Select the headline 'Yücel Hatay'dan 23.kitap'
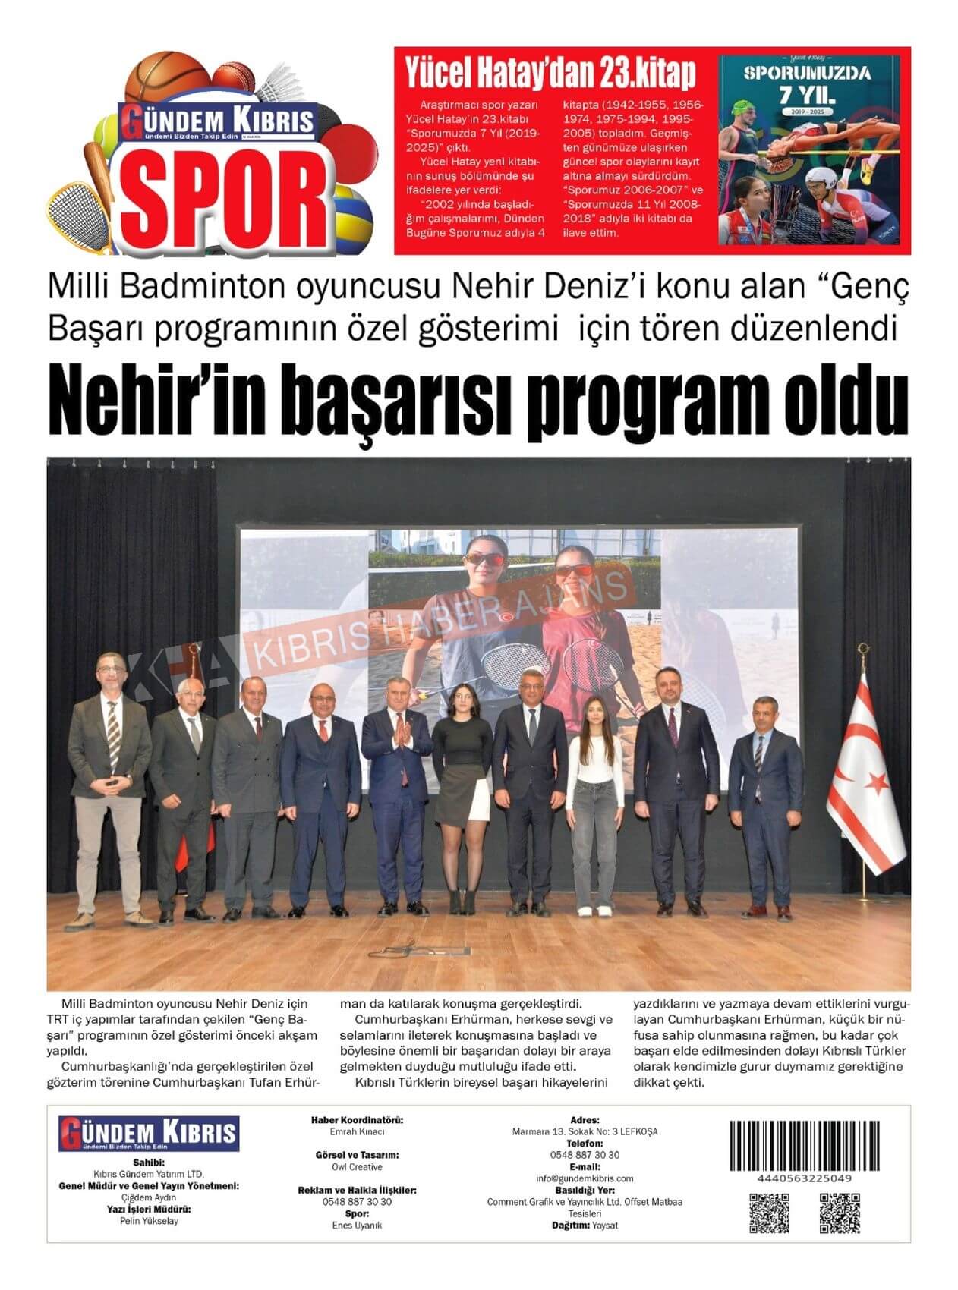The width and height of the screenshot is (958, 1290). (x=550, y=73)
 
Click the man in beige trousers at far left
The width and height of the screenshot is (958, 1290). (x=109, y=789)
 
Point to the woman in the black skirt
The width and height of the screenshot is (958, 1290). (x=462, y=789)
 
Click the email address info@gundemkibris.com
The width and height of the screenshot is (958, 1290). (x=584, y=1178)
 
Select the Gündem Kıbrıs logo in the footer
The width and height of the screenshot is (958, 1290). (x=149, y=1134)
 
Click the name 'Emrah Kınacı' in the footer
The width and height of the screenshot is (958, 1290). (x=357, y=1131)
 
